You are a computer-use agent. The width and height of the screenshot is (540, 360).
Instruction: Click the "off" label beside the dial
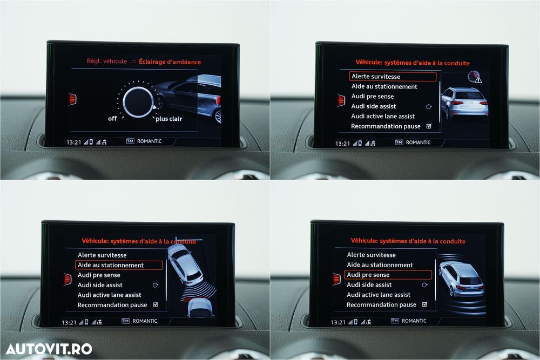(x=112, y=118)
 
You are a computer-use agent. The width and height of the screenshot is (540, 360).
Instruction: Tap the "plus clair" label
(x=168, y=119)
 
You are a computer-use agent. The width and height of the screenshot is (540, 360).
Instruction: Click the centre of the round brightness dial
(x=138, y=102)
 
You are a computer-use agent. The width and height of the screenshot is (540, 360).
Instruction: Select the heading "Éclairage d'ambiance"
(x=170, y=62)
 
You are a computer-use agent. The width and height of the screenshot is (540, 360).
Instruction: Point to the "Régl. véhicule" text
(x=107, y=62)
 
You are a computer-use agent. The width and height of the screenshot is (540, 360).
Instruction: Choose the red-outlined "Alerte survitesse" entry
(x=393, y=77)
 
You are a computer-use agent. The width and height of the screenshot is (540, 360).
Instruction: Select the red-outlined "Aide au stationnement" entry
(x=119, y=265)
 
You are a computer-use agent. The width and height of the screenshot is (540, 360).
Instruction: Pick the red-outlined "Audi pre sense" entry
(x=388, y=275)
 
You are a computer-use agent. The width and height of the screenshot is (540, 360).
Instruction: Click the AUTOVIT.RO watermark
(x=49, y=349)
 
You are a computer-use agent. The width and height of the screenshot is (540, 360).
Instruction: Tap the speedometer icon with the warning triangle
(x=475, y=77)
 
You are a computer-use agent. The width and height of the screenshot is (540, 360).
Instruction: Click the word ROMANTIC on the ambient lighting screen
(x=149, y=141)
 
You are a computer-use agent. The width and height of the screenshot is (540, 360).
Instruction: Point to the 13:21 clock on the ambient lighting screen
(x=73, y=142)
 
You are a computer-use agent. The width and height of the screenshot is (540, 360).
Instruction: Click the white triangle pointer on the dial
(x=154, y=107)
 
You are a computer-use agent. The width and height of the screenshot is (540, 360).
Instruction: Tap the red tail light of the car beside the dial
(x=218, y=100)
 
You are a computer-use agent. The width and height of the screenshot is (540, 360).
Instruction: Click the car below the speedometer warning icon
(x=464, y=102)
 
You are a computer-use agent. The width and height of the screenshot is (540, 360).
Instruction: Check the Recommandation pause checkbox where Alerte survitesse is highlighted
(x=429, y=126)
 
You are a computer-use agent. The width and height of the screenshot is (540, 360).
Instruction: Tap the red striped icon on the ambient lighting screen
(x=72, y=99)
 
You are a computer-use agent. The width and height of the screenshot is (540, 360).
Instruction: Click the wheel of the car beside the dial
(x=218, y=117)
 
